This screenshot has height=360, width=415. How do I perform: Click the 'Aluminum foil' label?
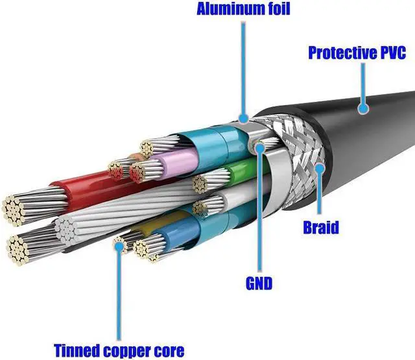pos(243,9)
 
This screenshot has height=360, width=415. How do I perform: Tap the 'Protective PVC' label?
pos(357,53)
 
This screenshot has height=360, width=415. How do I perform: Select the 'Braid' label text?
pos(321,228)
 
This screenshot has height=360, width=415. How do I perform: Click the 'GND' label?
pos(259,283)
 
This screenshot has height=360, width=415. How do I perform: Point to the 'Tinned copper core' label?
pos(119,350)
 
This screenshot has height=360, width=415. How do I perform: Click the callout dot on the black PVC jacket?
pos(363,108)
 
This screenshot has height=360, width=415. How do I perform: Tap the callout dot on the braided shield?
pos(320,169)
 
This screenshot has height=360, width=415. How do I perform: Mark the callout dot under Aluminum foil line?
pos(243,118)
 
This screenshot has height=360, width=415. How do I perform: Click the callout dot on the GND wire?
pos(259,149)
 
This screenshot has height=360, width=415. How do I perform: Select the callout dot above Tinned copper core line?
pos(119,247)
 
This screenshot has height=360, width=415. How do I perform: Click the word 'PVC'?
pos(393,53)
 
